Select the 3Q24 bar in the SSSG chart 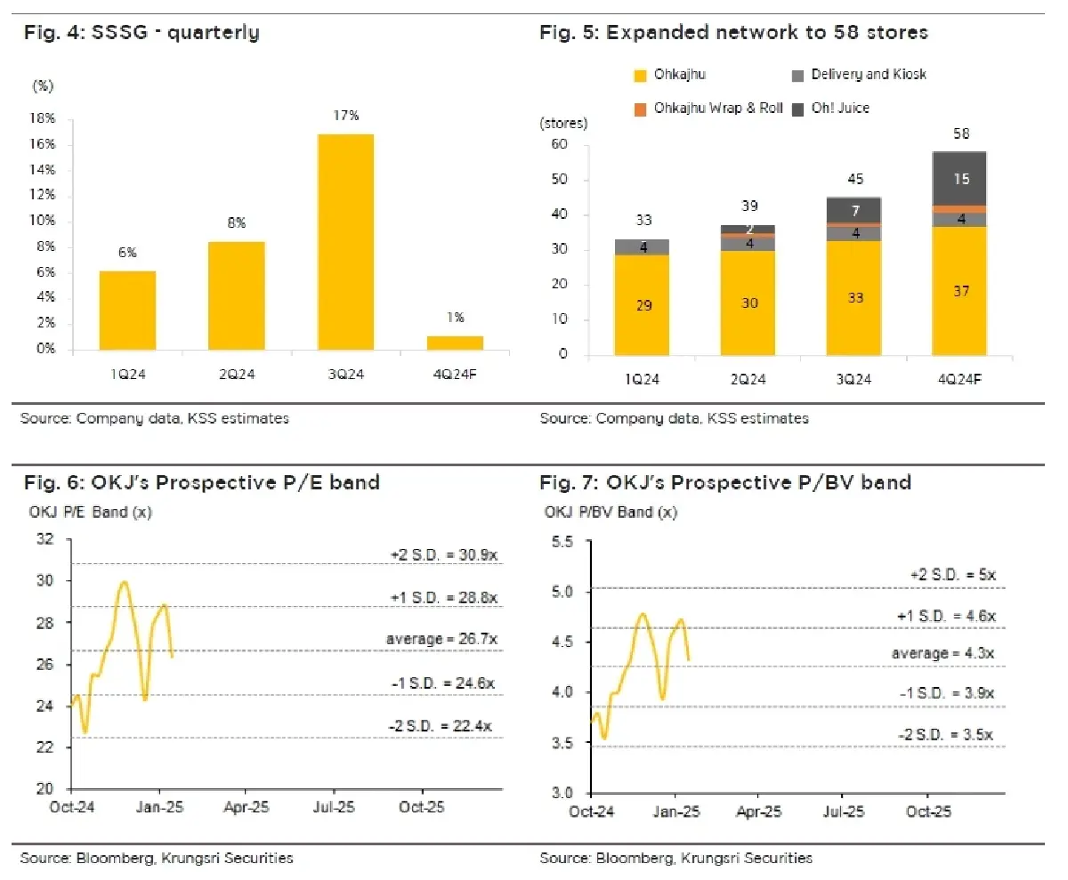pyautogui.click(x=346, y=241)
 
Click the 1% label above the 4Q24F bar pyautogui.click(x=456, y=318)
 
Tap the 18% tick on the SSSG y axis pyautogui.click(x=44, y=118)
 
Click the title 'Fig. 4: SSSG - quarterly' pyautogui.click(x=140, y=34)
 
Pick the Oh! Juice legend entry pyautogui.click(x=837, y=108)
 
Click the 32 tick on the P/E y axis pyautogui.click(x=44, y=539)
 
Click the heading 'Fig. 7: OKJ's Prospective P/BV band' pyautogui.click(x=725, y=483)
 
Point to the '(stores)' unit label pyautogui.click(x=561, y=124)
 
